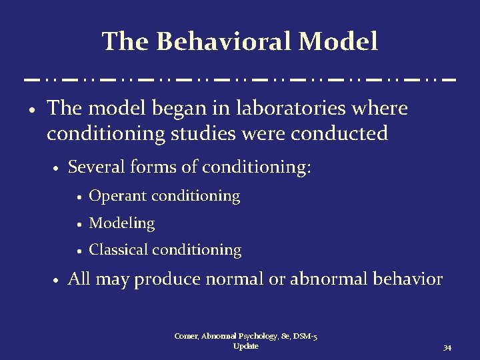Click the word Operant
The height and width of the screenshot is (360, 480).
pos(119,196)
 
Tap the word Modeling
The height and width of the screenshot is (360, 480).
pos(122,223)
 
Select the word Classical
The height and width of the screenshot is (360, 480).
pos(119,250)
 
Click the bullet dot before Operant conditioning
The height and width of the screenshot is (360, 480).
pos(79,197)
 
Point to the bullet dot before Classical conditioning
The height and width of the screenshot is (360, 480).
pos(79,251)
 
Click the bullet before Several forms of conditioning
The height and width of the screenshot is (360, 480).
pos(57,169)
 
